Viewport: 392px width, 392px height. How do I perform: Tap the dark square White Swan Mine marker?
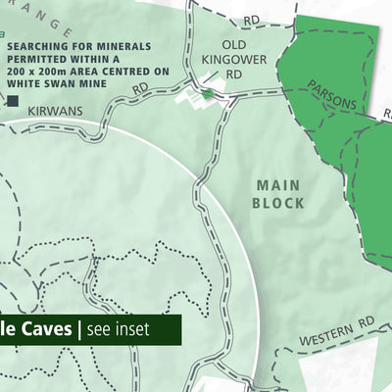[14, 100]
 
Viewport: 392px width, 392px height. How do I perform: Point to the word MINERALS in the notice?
[121, 46]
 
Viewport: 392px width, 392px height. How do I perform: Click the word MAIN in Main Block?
[278, 184]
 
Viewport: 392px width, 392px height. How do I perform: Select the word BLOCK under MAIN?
[278, 203]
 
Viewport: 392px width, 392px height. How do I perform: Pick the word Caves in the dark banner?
[41, 329]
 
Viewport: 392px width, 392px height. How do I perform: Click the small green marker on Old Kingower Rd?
[208, 93]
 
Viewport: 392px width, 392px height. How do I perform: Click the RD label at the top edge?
[253, 19]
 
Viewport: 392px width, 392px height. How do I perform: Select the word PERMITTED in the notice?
[42, 59]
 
